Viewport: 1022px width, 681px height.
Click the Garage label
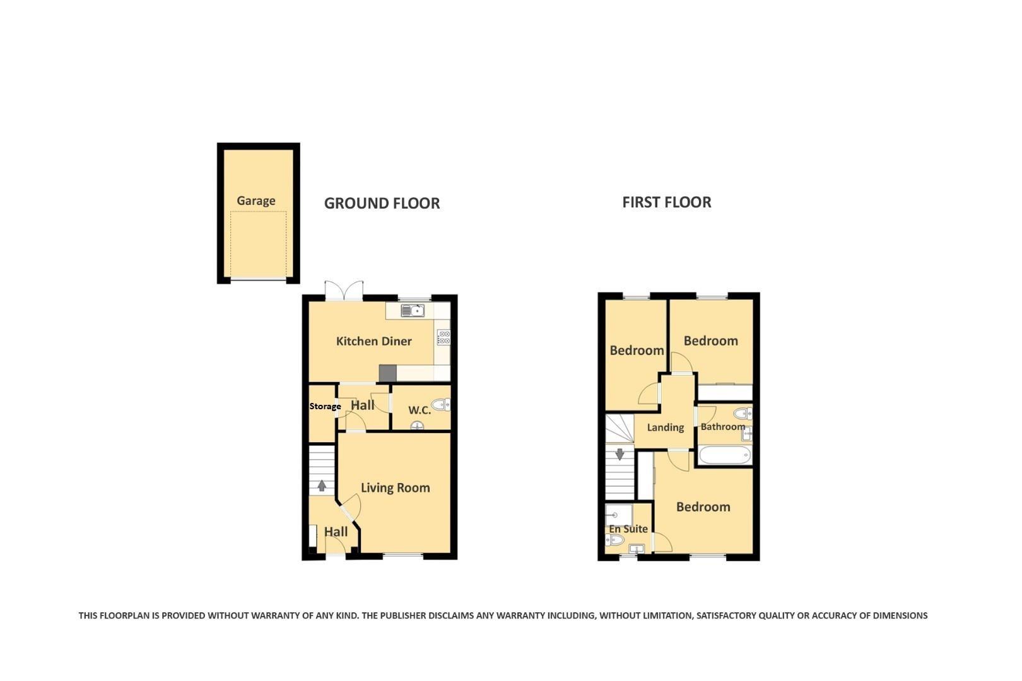coord(255,201)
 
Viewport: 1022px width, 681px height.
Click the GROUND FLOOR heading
coord(382,203)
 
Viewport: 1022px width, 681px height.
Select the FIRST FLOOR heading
coord(666,202)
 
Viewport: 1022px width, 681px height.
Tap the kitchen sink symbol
coord(413,310)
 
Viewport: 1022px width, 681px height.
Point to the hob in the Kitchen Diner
coord(443,337)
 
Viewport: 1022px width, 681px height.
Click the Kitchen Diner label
coord(373,341)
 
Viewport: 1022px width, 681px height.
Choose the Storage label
coord(324,406)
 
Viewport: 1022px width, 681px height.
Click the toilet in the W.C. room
coord(441,404)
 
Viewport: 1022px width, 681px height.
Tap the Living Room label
coord(395,487)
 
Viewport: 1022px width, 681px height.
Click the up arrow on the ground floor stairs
coord(322,486)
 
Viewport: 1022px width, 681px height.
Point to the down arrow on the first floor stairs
coord(620,453)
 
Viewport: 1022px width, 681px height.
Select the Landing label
coord(665,428)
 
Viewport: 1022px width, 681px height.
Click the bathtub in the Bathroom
coord(724,455)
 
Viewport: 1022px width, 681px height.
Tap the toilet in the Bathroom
coord(743,414)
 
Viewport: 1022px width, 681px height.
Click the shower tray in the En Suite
coord(618,515)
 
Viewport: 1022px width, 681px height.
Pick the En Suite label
coord(628,529)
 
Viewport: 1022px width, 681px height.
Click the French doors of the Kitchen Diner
coord(344,291)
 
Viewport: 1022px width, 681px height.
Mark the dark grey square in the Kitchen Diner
coord(387,373)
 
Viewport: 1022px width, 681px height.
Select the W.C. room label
coord(419,410)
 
